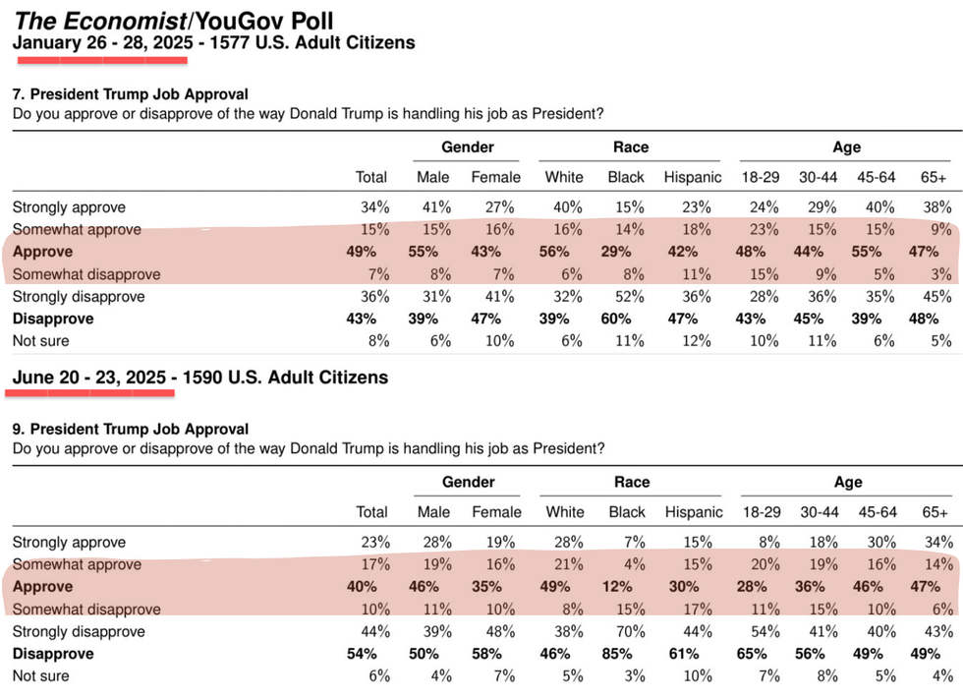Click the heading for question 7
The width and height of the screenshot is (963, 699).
(131, 94)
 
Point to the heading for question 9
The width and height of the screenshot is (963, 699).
(131, 430)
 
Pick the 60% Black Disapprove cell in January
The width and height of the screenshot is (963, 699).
(626, 320)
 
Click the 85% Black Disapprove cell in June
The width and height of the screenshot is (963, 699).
(627, 654)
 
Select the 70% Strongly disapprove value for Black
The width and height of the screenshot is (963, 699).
(627, 632)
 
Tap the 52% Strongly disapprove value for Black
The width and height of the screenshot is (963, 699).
(627, 297)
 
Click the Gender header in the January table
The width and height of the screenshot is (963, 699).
(467, 147)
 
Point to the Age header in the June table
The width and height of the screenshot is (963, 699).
(848, 483)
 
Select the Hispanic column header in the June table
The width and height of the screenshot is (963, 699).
(694, 512)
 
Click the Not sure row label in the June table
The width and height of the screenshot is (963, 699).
(40, 676)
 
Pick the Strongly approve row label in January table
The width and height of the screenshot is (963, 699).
(69, 207)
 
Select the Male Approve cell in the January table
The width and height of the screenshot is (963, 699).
(433, 253)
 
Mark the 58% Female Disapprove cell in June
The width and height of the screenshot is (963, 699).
(496, 654)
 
